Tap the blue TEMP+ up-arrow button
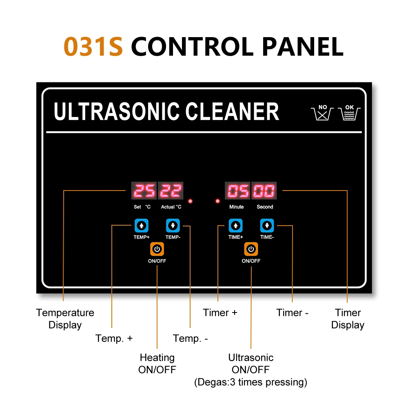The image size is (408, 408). (x=141, y=225)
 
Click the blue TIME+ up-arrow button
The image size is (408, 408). (x=235, y=225)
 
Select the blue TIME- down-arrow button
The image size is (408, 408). (x=267, y=225)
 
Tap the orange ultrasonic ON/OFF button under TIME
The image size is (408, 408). (x=251, y=249)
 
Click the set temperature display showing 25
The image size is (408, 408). (x=144, y=191)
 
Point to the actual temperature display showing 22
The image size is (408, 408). (x=171, y=191)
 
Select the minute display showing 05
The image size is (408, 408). (x=237, y=191)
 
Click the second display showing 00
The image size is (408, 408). (x=264, y=191)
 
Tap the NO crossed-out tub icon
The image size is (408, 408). (x=322, y=112)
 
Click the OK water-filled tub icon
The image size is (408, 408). (x=350, y=112)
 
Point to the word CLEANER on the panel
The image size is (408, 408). (x=233, y=111)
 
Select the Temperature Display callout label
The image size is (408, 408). (x=65, y=319)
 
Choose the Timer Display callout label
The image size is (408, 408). (x=348, y=319)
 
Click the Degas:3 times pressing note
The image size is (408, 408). (x=251, y=382)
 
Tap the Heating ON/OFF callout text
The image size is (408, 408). (x=157, y=364)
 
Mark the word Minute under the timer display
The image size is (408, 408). (x=236, y=207)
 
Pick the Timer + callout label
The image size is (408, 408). (x=220, y=313)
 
